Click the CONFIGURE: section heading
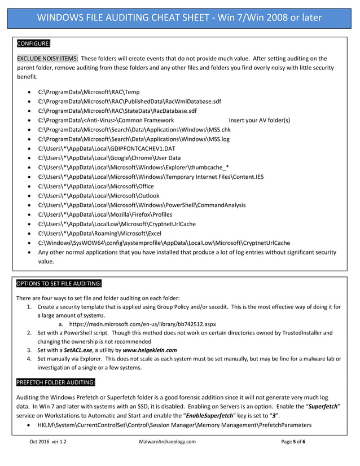pyautogui.click(x=33, y=43)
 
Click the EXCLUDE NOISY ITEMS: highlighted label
pyautogui.click(x=47, y=58)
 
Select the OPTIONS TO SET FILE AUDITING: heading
pyautogui.click(x=59, y=283)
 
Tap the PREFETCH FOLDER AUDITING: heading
pyautogui.click(x=55, y=383)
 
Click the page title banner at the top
pyautogui.click(x=179, y=17)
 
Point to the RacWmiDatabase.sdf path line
pyautogui.click(x=129, y=101)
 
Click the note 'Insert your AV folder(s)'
pyautogui.click(x=259, y=120)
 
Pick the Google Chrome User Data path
pyautogui.click(x=109, y=158)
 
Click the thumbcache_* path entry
pyautogui.click(x=133, y=168)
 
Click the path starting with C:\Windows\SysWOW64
pyautogui.click(x=164, y=243)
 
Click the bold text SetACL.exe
pyautogui.click(x=78, y=350)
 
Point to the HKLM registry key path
pyautogui.click(x=174, y=424)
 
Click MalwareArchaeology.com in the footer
pyautogui.click(x=167, y=442)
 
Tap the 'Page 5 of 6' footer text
pyautogui.click(x=293, y=442)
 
